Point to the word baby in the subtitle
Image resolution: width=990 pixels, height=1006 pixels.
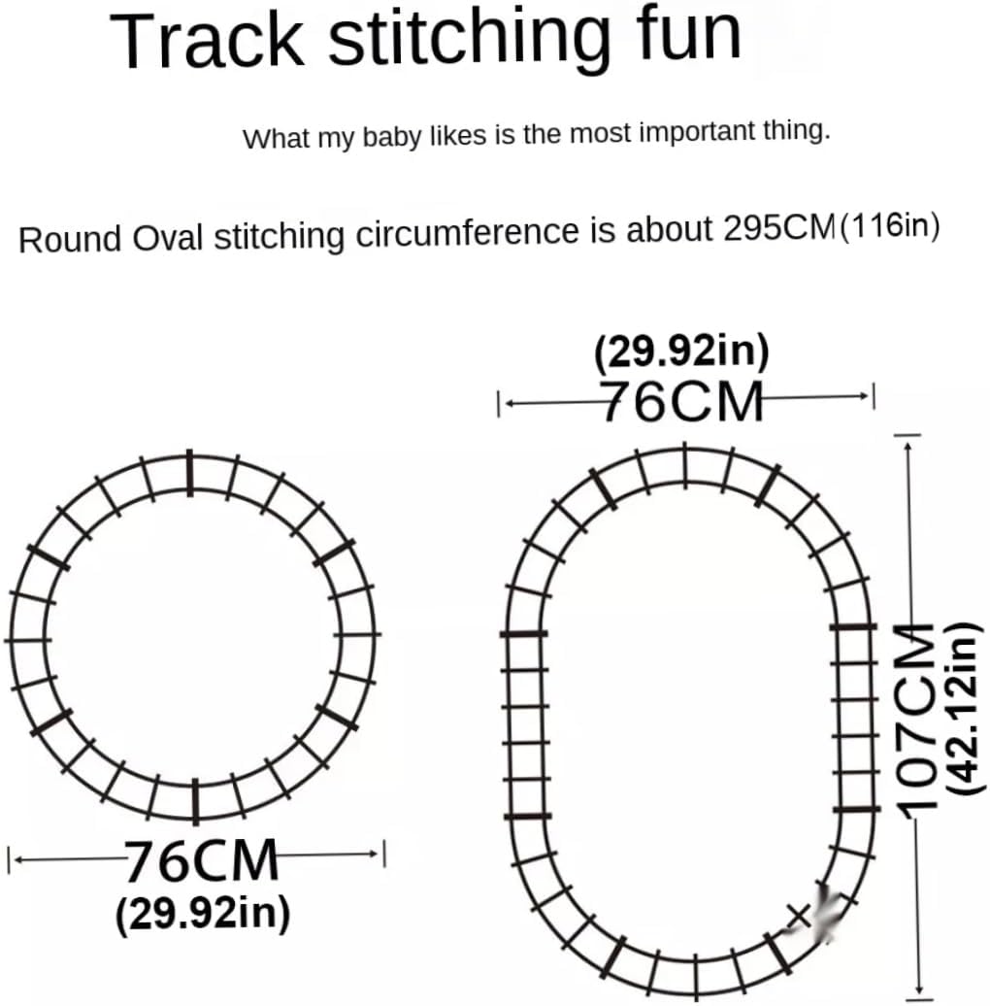[386, 137]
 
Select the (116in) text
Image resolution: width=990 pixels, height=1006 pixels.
[890, 229]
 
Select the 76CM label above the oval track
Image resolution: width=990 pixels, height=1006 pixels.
[682, 401]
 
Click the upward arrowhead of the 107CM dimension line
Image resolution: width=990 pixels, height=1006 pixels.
[909, 438]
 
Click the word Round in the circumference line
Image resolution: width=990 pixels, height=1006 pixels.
[71, 238]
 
